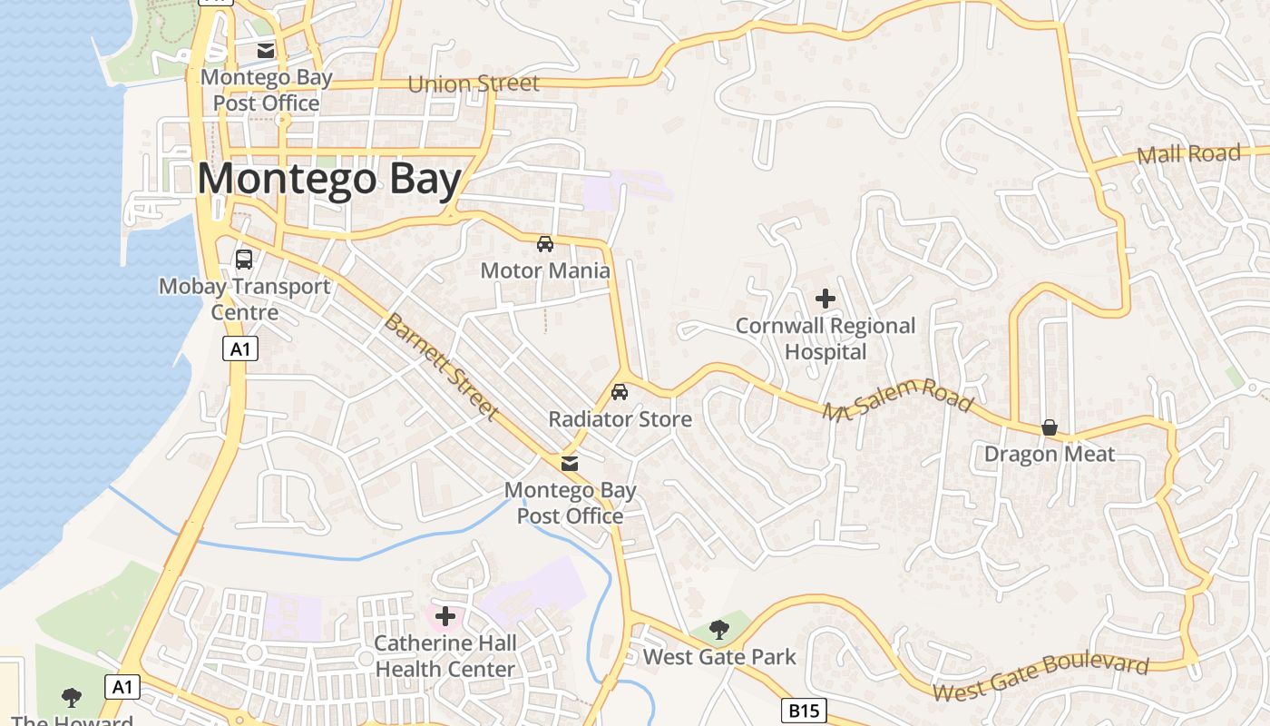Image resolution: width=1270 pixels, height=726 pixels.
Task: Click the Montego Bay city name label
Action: pyautogui.click(x=329, y=179)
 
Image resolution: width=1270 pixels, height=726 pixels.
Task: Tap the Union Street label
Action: pyautogui.click(x=474, y=83)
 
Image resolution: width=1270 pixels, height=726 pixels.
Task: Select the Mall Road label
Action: pyautogui.click(x=1188, y=154)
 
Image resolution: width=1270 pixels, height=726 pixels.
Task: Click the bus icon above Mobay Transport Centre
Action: pyautogui.click(x=244, y=260)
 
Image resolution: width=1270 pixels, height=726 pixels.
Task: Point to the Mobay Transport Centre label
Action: pyautogui.click(x=244, y=299)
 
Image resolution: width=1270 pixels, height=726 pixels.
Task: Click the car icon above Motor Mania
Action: pyautogui.click(x=545, y=243)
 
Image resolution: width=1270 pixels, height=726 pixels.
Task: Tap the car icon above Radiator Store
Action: pyautogui.click(x=620, y=392)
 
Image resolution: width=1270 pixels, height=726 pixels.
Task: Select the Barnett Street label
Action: pyautogui.click(x=441, y=367)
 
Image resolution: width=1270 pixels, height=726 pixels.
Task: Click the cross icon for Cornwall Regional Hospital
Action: pyautogui.click(x=825, y=298)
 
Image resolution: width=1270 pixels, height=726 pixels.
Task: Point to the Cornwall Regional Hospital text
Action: pyautogui.click(x=825, y=338)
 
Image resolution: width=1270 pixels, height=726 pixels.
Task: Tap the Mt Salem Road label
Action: pyautogui.click(x=897, y=400)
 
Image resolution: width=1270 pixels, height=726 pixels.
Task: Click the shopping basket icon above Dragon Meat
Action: pyautogui.click(x=1050, y=427)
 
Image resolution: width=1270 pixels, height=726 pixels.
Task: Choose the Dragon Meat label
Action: pyautogui.click(x=1050, y=454)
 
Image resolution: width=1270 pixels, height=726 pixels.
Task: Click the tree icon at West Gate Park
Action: pyautogui.click(x=719, y=629)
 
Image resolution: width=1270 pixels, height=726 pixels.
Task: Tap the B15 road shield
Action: pyautogui.click(x=803, y=711)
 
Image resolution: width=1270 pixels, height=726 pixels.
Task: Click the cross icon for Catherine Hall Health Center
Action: pyautogui.click(x=445, y=617)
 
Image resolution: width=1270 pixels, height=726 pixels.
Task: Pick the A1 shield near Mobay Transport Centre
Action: pyautogui.click(x=240, y=349)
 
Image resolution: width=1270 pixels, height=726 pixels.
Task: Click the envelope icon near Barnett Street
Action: pyautogui.click(x=570, y=464)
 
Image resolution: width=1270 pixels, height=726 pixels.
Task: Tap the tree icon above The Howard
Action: pyautogui.click(x=72, y=698)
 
